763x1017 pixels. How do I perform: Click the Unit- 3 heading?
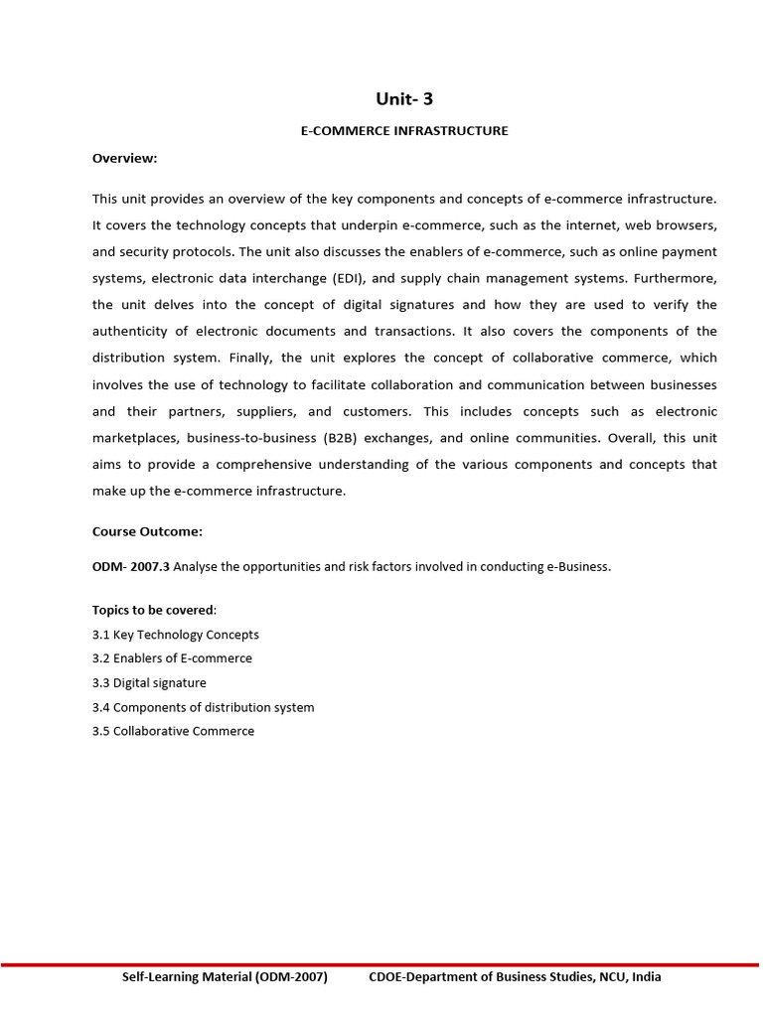(404, 98)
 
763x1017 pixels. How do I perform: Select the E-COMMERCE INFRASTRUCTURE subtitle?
(404, 131)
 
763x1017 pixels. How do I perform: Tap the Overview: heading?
(124, 158)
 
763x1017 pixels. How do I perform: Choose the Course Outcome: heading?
(147, 531)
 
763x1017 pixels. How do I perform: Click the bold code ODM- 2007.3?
(131, 567)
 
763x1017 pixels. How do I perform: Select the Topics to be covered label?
(153, 610)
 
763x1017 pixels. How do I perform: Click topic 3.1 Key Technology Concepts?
(175, 635)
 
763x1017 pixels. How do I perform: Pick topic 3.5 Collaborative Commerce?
(173, 731)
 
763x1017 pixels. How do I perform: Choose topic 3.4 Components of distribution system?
(203, 707)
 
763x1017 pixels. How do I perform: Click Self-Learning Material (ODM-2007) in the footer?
(225, 977)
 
